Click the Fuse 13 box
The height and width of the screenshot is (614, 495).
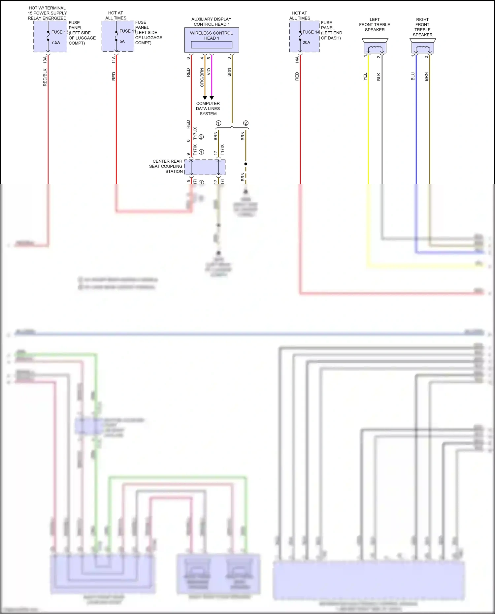(50, 36)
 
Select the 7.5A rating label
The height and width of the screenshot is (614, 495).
(55, 43)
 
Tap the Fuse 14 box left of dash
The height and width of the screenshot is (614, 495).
(304, 36)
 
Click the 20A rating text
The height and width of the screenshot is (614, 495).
(306, 43)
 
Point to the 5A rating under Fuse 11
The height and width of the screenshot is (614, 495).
(122, 42)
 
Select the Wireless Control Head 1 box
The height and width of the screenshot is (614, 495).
(212, 40)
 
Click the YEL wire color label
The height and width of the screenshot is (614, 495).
(365, 77)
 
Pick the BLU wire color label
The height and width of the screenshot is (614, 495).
(413, 77)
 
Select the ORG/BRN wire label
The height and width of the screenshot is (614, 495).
(202, 78)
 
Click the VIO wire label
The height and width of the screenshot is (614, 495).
(209, 72)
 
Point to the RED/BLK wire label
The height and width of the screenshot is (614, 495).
(45, 78)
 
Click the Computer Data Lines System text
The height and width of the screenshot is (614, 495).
(208, 109)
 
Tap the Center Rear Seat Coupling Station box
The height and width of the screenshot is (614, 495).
(205, 167)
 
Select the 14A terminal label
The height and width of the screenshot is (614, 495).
(297, 60)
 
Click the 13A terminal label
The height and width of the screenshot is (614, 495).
(45, 60)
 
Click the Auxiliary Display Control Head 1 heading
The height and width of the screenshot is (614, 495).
(211, 22)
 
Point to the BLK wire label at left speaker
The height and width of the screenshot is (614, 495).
(379, 77)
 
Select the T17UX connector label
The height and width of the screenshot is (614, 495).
(195, 133)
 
